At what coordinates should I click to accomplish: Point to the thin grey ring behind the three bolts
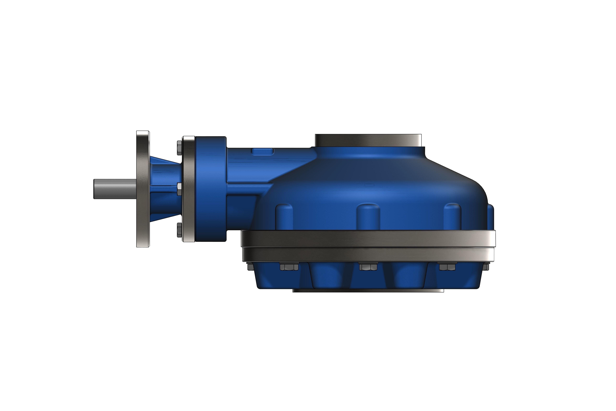click(189, 189)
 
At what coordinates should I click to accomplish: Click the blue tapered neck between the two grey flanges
click(165, 189)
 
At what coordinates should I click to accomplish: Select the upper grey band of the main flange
click(368, 239)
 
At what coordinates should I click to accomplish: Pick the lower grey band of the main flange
click(368, 254)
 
